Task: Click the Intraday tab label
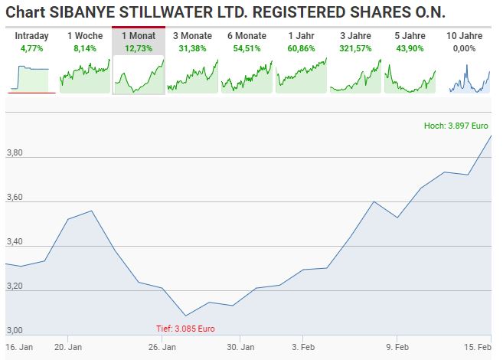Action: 31,36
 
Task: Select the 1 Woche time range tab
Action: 84,36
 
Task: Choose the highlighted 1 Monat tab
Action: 139,36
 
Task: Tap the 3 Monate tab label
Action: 192,36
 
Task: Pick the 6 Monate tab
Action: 247,36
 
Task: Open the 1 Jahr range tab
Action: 301,36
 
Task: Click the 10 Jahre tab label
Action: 464,36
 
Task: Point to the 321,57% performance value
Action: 355,47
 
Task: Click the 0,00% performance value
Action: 464,47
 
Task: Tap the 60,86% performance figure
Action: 301,47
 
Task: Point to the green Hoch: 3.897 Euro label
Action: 456,126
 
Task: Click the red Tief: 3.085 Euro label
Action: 185,329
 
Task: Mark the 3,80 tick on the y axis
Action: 15,154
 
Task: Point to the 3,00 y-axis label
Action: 15,331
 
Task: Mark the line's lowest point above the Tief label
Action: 185,315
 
